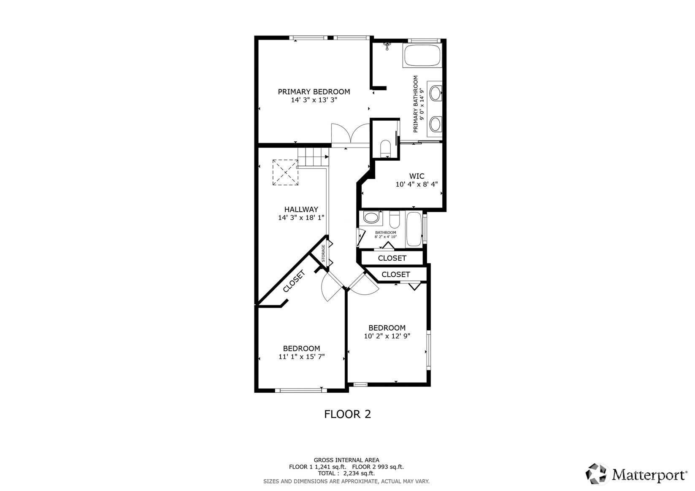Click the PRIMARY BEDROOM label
pos(314,92)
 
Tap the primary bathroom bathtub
pos(422,55)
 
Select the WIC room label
pos(416,176)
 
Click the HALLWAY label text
pos(301,209)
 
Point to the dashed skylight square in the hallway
pos(285,173)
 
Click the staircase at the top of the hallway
pos(313,156)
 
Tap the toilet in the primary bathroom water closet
pos(385,148)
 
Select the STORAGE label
pos(323,253)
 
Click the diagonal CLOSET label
pos(294,281)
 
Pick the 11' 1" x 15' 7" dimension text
pos(302,357)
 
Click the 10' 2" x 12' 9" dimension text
pos(387,336)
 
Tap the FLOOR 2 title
pos(348,414)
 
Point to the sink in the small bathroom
pos(371,217)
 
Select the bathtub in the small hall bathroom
pos(414,229)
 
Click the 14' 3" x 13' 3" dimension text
pos(314,100)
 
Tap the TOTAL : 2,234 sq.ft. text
pos(346,474)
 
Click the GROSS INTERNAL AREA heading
pos(346,460)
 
